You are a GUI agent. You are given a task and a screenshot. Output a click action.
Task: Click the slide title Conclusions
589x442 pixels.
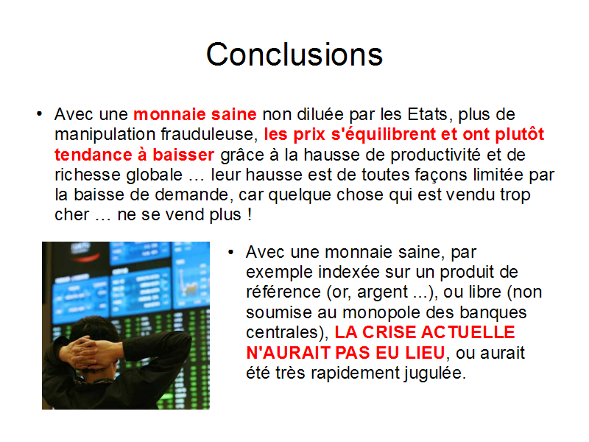point(294,55)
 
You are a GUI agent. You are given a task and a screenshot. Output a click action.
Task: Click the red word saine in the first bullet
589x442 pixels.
point(233,114)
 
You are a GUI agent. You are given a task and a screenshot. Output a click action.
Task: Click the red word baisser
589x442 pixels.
point(183,155)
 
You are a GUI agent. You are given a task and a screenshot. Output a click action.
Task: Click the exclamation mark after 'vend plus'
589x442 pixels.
point(250,214)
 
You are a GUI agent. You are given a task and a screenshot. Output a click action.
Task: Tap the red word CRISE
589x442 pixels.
point(389,332)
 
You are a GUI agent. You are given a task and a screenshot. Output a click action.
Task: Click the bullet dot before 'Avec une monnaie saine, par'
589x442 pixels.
point(230,252)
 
